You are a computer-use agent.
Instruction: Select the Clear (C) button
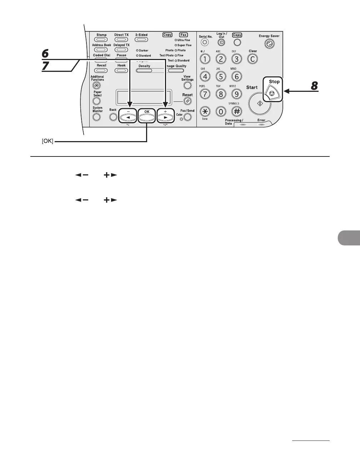pyautogui.click(x=252, y=59)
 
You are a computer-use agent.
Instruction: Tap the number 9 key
pyautogui.click(x=236, y=94)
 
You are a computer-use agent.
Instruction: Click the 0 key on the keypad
pyautogui.click(x=221, y=111)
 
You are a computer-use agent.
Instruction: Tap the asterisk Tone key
pyautogui.click(x=205, y=111)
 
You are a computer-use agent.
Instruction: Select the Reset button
pyautogui.click(x=187, y=101)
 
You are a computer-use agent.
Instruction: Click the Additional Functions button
pyautogui.click(x=96, y=85)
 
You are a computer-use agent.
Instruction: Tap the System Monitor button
pyautogui.click(x=96, y=117)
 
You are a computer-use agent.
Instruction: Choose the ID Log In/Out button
pyautogui.click(x=221, y=43)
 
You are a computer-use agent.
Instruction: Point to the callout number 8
pyautogui.click(x=314, y=86)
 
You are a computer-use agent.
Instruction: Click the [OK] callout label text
pyautogui.click(x=47, y=142)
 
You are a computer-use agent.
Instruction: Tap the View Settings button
pyautogui.click(x=187, y=85)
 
